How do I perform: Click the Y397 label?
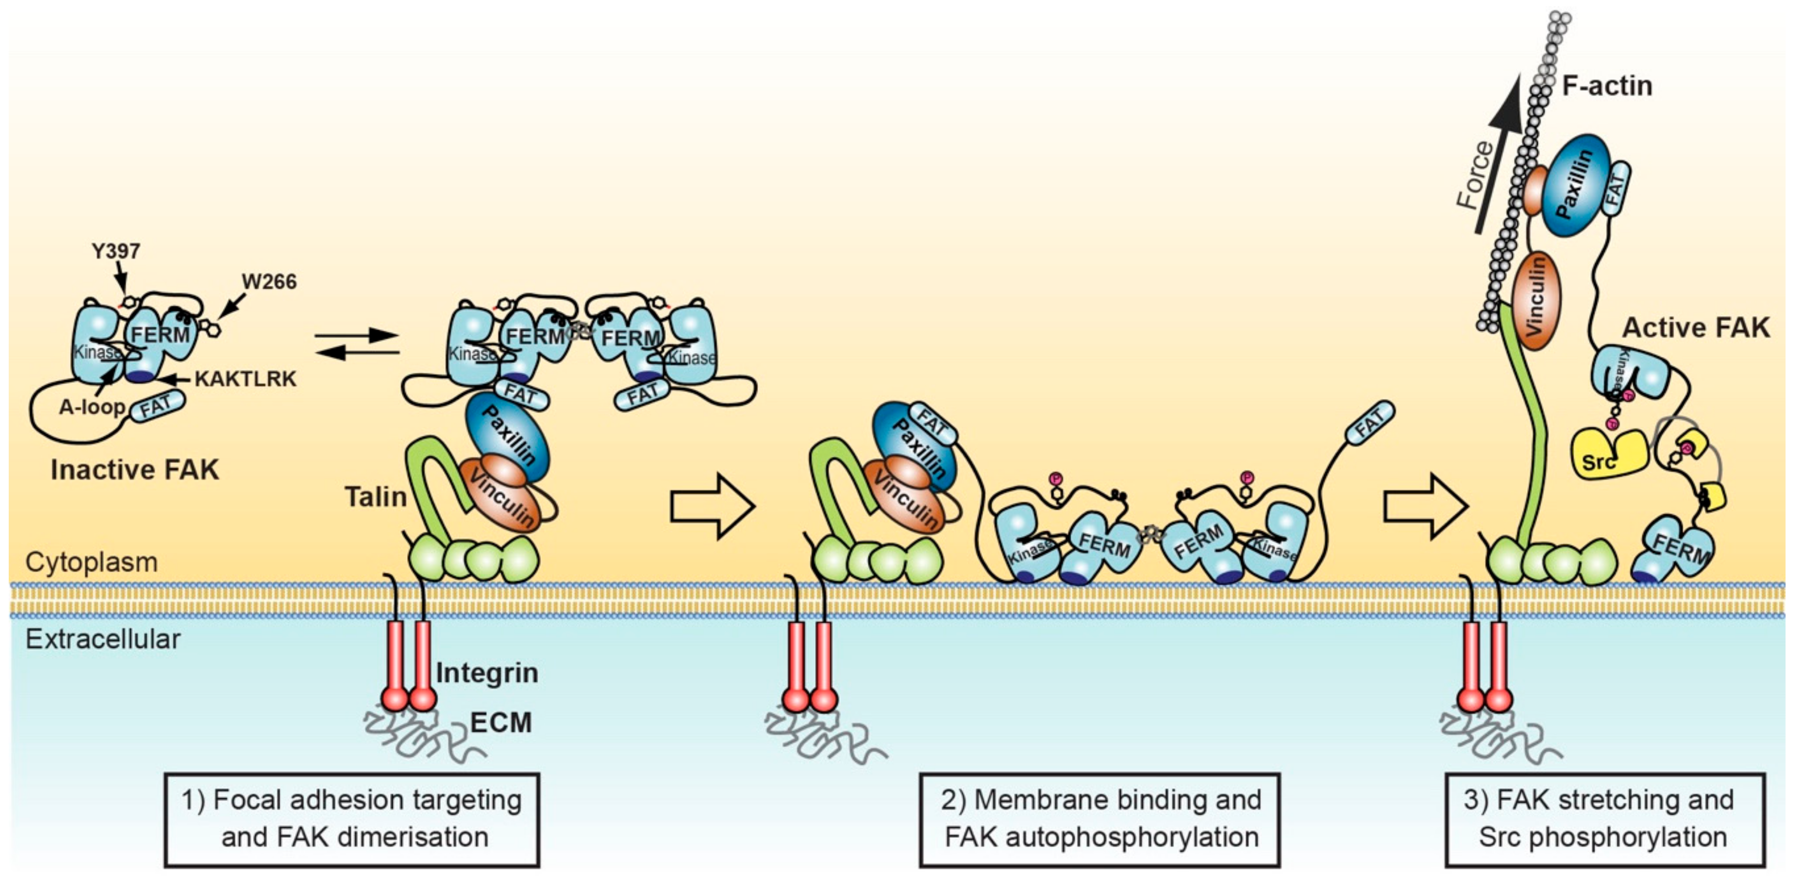[x=116, y=251]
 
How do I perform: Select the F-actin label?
[x=1607, y=86]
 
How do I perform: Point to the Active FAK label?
[x=1695, y=328]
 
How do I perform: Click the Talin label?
[x=375, y=497]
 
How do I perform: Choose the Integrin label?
[x=487, y=673]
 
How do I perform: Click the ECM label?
[x=501, y=722]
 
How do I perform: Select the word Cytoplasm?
[x=91, y=561]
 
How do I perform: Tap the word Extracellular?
[x=103, y=639]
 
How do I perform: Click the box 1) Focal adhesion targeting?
[x=352, y=819]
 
